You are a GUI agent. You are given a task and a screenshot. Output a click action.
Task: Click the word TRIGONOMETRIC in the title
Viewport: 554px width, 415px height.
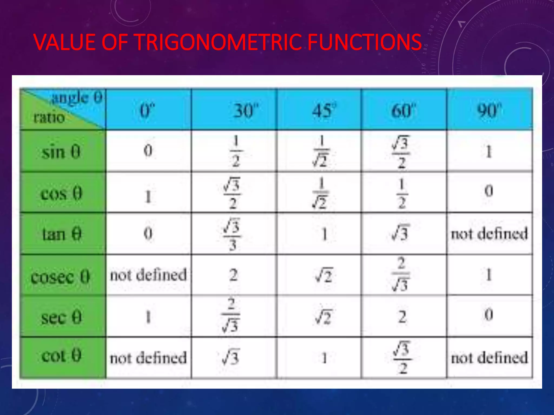[x=217, y=42]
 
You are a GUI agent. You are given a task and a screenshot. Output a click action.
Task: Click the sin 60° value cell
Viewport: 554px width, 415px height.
[x=402, y=151]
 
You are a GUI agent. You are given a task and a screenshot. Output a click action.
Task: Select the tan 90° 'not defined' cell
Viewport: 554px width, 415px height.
[x=489, y=234]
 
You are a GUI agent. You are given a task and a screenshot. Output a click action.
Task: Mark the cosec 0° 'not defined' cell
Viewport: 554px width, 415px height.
[x=148, y=275]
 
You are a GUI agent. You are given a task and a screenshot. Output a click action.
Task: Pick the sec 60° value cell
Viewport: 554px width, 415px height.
[x=402, y=317]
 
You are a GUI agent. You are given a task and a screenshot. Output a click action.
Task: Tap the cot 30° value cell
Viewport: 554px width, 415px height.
[x=230, y=358]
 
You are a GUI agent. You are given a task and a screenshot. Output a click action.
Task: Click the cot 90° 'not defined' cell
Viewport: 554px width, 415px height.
[x=489, y=358]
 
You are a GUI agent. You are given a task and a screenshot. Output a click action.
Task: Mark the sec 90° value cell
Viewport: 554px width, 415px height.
[x=489, y=315]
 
